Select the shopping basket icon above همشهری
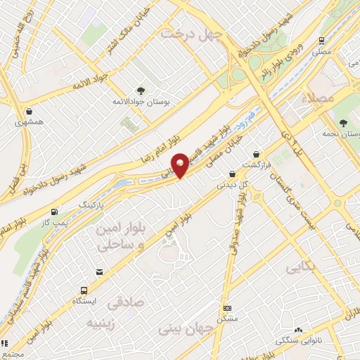pos(29,110)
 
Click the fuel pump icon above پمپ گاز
pos(54,212)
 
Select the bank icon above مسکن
pos(227,308)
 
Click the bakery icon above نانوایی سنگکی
pos(298,329)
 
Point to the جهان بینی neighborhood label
pos(188,328)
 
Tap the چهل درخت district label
pos(191,34)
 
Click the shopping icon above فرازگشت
pos(256,153)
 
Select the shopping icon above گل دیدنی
pos(231,174)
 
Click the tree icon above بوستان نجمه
pos(342,123)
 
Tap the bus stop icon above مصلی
pos(323,41)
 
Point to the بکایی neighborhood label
pos(302,268)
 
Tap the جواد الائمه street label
pos(89,81)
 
